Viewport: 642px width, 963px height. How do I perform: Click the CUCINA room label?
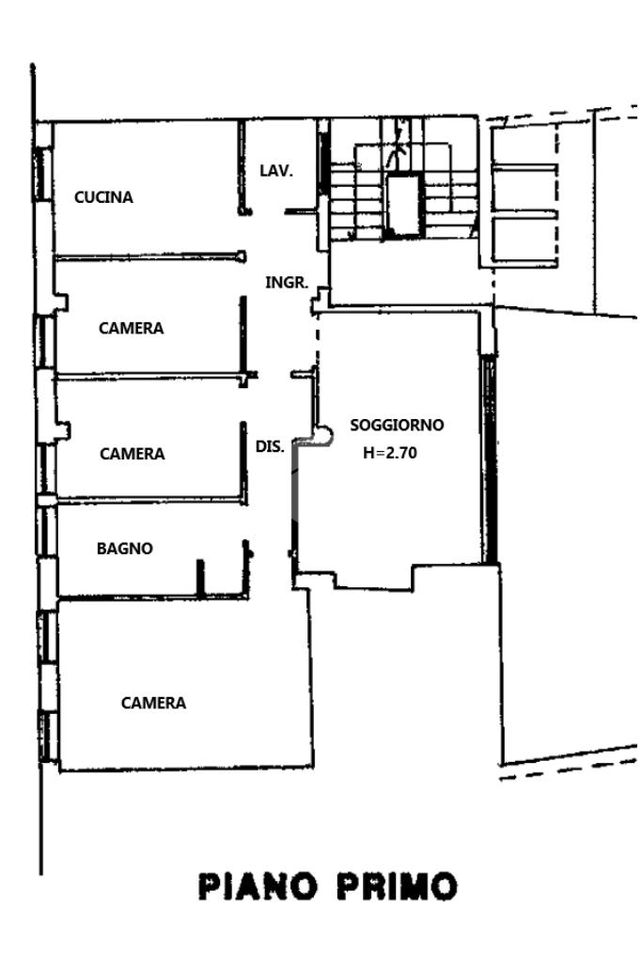coord(103,197)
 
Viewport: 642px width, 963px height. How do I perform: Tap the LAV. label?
coord(276,171)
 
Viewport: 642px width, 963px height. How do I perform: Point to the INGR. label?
coord(287,281)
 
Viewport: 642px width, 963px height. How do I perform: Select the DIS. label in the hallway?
coord(270,447)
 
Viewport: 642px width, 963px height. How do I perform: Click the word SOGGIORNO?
coord(397,425)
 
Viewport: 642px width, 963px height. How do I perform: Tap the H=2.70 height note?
coord(390,452)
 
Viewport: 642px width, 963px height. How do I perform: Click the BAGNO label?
coord(124,549)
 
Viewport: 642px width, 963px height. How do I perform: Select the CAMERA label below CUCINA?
coord(131,328)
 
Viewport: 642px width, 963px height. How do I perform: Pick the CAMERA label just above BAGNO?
coord(132,454)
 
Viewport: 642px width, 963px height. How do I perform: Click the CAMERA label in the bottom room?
coord(153,703)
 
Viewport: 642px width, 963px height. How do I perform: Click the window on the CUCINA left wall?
coord(41,173)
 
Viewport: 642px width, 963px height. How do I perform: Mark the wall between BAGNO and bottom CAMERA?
coord(150,597)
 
